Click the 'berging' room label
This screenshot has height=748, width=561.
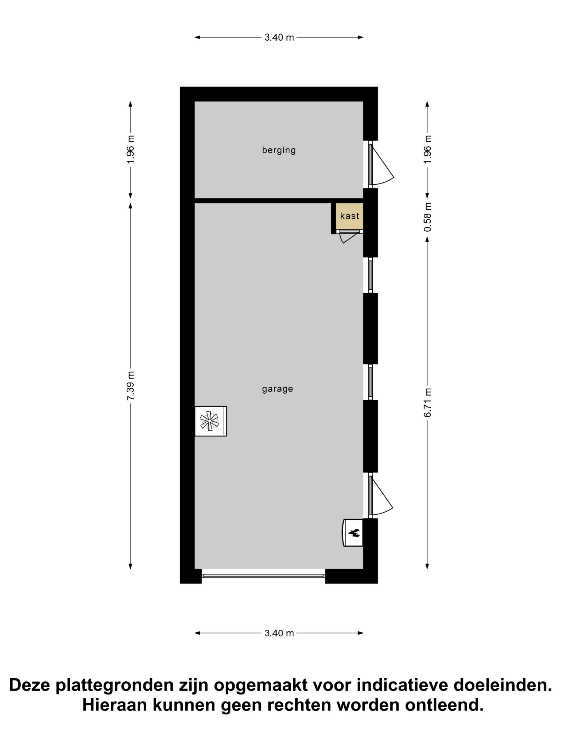click(x=279, y=150)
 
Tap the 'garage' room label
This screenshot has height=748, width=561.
click(x=277, y=389)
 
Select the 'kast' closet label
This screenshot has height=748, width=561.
click(x=349, y=216)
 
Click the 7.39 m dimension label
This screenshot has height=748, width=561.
click(x=131, y=386)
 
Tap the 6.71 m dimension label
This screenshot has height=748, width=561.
click(x=427, y=402)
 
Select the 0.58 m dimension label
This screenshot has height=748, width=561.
click(x=427, y=217)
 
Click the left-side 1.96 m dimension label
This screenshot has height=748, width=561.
click(x=131, y=149)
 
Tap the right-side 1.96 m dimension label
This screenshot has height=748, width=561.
click(x=427, y=149)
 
